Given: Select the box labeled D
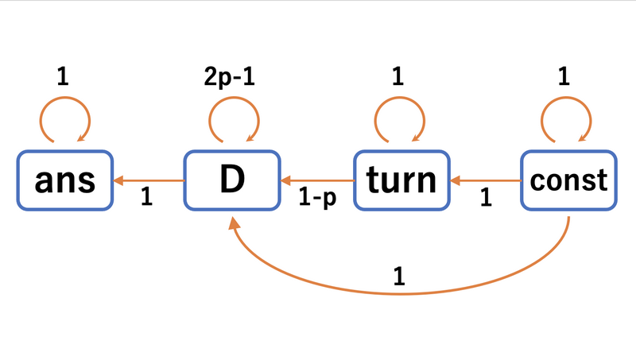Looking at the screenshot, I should coord(232,181).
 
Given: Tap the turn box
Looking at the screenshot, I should coord(401,181).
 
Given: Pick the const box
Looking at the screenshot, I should coord(568,181).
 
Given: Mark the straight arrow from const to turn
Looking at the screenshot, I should coord(484,181).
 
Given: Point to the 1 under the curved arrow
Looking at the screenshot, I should coord(399,277).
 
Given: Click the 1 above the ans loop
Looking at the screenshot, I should coord(63,77).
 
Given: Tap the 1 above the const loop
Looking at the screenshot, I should coord(565,77).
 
